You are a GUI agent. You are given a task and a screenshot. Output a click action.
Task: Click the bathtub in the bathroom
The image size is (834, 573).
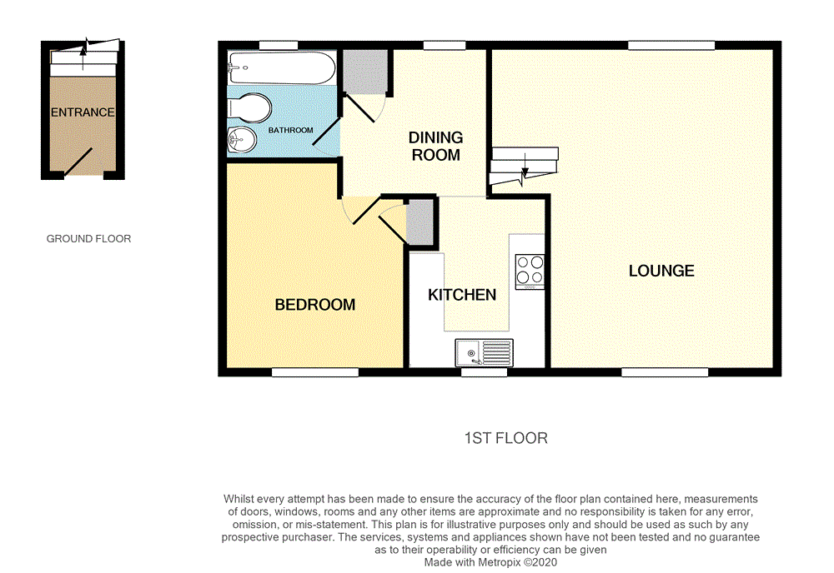tap(281, 67)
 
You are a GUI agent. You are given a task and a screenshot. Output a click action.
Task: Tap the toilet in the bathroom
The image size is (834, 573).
tap(248, 107)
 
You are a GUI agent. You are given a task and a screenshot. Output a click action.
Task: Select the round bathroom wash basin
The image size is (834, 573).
tap(239, 141)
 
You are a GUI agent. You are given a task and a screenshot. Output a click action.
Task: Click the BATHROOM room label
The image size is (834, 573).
tap(290, 131)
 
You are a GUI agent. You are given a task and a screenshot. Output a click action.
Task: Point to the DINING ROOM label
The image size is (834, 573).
tap(435, 146)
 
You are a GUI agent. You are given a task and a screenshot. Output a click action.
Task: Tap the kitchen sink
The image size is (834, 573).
tap(485, 353)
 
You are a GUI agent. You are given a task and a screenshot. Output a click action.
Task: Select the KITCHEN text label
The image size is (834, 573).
tap(462, 295)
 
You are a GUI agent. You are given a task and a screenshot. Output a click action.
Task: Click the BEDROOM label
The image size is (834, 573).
tap(315, 305)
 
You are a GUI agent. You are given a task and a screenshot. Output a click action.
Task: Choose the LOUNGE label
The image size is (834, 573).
tap(661, 271)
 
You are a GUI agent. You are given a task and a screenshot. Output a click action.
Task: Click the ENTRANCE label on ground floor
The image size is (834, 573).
tap(83, 112)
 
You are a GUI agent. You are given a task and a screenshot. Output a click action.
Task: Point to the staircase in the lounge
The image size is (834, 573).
tap(523, 167)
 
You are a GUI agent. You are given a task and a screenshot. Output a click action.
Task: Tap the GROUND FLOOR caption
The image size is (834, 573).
tap(88, 239)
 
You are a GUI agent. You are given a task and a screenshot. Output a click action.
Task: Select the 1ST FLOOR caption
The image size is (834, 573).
tap(505, 438)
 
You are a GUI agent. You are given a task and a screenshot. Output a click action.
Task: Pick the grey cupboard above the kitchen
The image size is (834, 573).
tap(420, 222)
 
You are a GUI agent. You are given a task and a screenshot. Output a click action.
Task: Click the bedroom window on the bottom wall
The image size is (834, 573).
tap(314, 372)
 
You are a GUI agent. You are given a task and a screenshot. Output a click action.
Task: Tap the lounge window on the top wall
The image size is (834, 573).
tap(671, 45)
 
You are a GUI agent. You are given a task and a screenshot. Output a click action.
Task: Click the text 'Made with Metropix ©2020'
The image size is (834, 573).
tap(490, 562)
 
